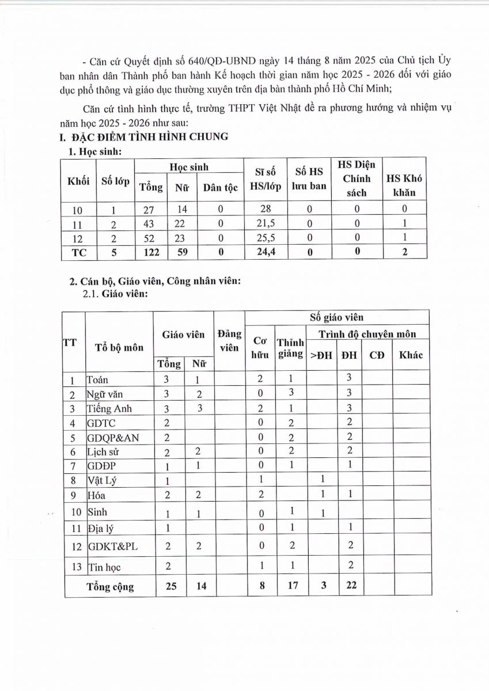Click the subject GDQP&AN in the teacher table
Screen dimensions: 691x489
pos(112,438)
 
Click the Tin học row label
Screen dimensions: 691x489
pos(104,567)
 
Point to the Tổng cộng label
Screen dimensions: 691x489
pos(110,587)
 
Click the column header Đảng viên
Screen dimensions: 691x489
pos(229,341)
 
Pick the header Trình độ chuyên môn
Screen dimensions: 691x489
pos(368,334)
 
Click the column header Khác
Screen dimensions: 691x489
pos(411,355)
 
